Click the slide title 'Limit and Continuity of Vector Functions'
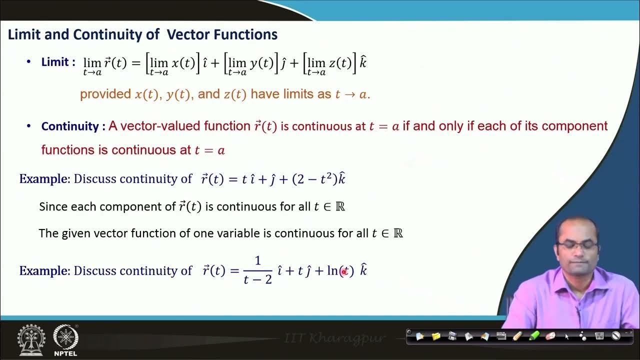click(142, 34)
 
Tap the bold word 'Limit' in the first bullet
click(55, 62)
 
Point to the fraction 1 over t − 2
click(258, 270)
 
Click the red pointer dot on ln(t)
click(344, 271)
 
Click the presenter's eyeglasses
click(577, 245)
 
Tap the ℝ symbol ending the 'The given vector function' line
click(398, 233)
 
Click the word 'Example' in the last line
click(44, 271)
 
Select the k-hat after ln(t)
click(363, 270)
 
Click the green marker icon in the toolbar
click(533, 336)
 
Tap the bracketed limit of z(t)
click(329, 63)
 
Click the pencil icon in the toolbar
click(517, 336)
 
